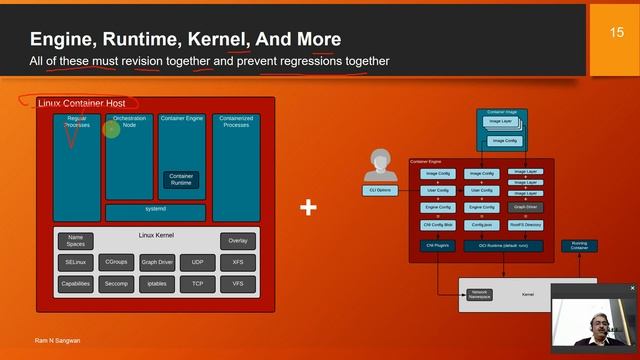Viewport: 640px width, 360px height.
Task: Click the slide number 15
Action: [617, 33]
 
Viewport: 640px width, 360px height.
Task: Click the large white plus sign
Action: [309, 208]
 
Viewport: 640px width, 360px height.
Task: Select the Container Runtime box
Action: [181, 179]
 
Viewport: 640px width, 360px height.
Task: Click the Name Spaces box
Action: [76, 241]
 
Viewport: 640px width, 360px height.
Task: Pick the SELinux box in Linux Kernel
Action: [76, 262]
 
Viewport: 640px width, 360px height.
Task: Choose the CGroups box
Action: [116, 262]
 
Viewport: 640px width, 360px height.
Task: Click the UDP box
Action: [197, 262]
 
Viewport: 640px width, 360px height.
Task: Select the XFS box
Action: [237, 262]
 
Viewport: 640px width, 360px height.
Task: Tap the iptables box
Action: [157, 284]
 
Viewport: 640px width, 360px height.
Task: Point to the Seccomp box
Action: [116, 284]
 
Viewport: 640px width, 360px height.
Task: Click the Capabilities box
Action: [76, 284]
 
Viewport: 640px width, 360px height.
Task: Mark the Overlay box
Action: [237, 241]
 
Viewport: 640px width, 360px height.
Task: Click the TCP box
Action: [197, 284]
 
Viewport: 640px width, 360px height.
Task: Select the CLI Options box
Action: [381, 190]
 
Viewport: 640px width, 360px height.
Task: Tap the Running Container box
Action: [579, 245]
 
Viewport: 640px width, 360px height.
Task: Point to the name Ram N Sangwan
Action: [50, 342]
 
